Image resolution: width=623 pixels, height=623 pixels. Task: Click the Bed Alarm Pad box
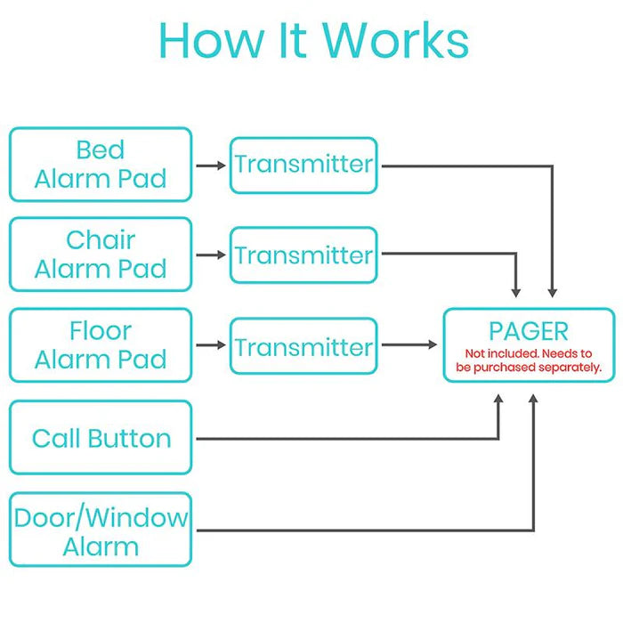pos(101,165)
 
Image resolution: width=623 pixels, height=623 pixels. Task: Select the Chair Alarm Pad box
pos(101,255)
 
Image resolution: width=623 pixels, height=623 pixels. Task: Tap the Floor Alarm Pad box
pos(101,345)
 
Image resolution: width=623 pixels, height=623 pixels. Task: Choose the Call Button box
pos(101,438)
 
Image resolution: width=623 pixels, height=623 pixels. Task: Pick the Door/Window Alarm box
pos(101,530)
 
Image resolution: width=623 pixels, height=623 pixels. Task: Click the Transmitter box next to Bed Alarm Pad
pos(303,165)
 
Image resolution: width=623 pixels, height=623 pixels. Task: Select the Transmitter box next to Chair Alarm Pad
pos(303,255)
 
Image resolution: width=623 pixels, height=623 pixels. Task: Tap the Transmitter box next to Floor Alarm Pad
pos(303,345)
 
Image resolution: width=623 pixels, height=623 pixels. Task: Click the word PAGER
pos(529,331)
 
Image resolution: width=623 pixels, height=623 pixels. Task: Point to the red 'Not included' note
pos(529,360)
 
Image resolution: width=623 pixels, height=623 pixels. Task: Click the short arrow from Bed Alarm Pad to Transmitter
pos(211,166)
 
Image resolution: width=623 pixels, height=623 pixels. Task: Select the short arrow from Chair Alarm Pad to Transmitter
pos(211,255)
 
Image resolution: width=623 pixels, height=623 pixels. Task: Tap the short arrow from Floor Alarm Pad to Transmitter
pos(211,345)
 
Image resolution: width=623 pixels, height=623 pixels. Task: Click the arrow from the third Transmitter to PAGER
pos(409,345)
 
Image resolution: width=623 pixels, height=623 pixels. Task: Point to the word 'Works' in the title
pos(395,40)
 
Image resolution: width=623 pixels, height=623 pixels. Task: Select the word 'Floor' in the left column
pos(101,331)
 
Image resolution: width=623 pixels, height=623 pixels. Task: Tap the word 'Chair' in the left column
pos(101,239)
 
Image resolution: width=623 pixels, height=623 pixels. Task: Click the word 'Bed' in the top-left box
pos(101,150)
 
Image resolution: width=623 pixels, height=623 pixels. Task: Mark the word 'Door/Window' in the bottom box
pos(101,517)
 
